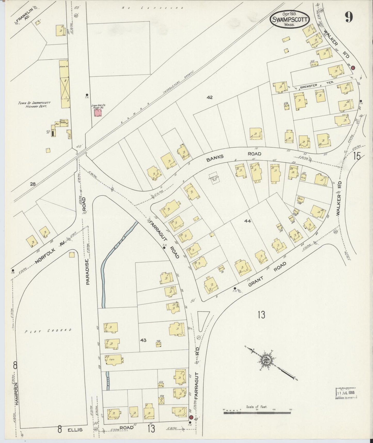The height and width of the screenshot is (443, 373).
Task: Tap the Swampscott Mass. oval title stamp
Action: (290, 19)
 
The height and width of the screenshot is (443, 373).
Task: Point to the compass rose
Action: (266, 359)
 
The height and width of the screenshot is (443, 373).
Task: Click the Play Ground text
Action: (48, 330)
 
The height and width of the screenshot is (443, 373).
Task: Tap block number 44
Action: (247, 221)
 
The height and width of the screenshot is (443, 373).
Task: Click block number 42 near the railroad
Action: (210, 97)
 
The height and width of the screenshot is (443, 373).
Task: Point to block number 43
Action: (143, 340)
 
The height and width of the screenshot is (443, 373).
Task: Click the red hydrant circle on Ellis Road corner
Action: (191, 417)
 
